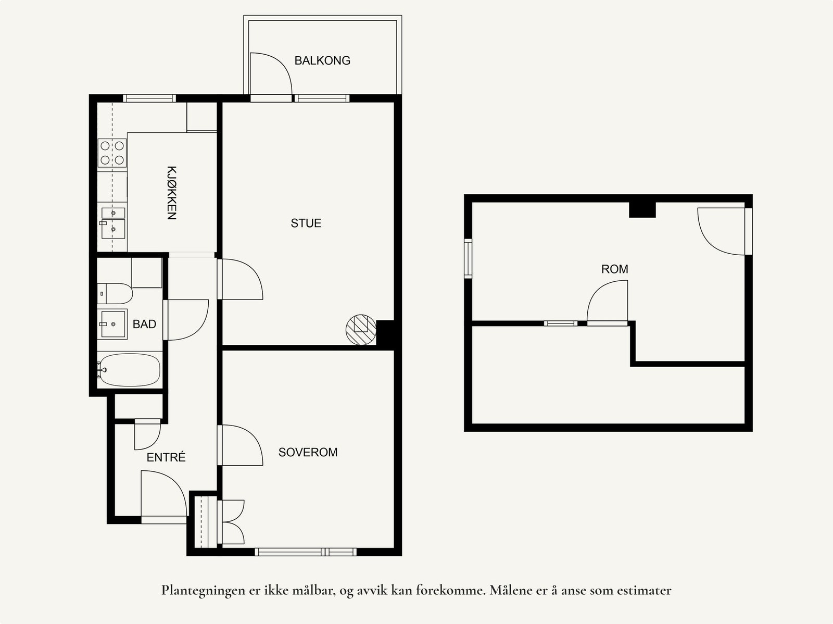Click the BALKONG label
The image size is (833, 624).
click(322, 60)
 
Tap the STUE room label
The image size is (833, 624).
click(306, 223)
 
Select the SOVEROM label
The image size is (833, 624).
click(308, 452)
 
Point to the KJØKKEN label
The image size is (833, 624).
click(172, 193)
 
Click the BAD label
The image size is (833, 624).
click(144, 324)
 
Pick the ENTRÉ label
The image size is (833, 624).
click(166, 457)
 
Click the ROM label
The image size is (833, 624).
click(614, 269)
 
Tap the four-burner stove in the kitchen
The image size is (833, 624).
click(112, 153)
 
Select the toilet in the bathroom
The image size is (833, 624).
click(116, 294)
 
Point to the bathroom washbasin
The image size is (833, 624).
click(113, 324)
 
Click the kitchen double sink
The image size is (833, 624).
click(113, 222)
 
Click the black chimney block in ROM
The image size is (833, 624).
click(642, 209)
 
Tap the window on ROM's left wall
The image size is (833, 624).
click(468, 258)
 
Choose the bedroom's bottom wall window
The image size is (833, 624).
click(306, 552)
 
